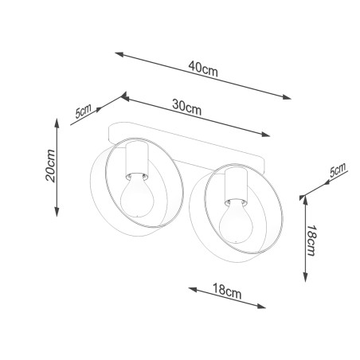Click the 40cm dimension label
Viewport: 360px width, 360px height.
pyautogui.click(x=203, y=68)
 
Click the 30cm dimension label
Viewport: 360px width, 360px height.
pyautogui.click(x=186, y=107)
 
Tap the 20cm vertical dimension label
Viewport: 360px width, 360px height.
pyautogui.click(x=50, y=166)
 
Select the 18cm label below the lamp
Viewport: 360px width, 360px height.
pyautogui.click(x=227, y=291)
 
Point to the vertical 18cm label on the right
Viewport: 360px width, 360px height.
pyautogui.click(x=311, y=241)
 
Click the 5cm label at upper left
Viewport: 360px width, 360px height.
pyautogui.click(x=83, y=111)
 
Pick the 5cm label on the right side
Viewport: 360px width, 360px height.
pyautogui.click(x=338, y=170)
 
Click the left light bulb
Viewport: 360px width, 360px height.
pyautogui.click(x=137, y=194)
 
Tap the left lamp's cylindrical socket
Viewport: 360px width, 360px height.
pyautogui.click(x=137, y=158)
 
